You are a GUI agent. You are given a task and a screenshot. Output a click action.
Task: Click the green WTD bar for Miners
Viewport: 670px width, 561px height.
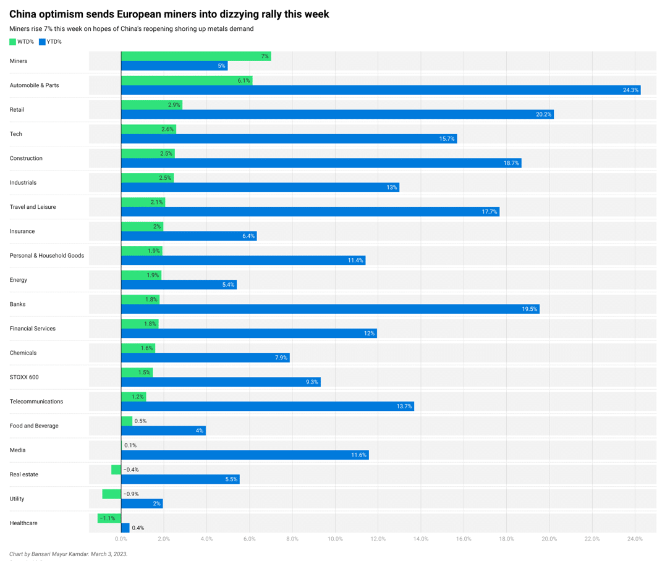(x=196, y=56)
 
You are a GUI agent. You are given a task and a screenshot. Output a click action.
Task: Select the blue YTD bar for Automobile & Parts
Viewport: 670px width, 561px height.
(x=381, y=90)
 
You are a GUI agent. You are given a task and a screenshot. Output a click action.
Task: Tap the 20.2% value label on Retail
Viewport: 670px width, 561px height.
(x=543, y=114)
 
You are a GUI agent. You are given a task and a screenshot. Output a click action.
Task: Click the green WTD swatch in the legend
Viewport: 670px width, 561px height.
(x=12, y=42)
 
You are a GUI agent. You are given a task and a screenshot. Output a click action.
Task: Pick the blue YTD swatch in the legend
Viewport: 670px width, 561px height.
(x=42, y=42)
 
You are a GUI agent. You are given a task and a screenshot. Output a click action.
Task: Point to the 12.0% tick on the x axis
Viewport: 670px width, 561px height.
(x=378, y=539)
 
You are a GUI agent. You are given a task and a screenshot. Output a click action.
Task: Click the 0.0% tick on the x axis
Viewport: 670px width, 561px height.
(x=121, y=539)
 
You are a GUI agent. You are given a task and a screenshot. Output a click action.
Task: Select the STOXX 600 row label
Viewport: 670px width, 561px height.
(x=24, y=377)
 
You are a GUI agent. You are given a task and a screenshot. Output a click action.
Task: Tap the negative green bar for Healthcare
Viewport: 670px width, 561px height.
(x=109, y=518)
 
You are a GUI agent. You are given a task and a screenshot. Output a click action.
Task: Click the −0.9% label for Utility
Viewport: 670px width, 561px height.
(x=131, y=494)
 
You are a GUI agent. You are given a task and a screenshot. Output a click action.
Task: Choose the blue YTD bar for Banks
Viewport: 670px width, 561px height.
(x=330, y=309)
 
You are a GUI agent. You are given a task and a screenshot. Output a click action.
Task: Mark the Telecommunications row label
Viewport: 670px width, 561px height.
(x=36, y=402)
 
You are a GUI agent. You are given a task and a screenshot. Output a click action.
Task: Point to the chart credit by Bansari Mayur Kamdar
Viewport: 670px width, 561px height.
(x=68, y=554)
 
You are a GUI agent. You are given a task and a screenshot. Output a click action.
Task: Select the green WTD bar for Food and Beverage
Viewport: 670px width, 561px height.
(x=127, y=421)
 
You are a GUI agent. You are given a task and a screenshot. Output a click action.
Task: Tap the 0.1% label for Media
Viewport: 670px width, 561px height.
(x=130, y=445)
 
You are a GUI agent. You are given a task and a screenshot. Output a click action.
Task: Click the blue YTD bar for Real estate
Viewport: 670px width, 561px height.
(x=180, y=479)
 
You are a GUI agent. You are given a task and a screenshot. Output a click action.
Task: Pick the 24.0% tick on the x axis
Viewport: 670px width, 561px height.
(x=635, y=539)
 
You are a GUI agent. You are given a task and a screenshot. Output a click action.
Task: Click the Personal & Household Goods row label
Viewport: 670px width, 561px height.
(x=47, y=256)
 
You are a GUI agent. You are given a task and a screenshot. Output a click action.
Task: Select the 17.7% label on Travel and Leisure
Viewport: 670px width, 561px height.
(x=489, y=212)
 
